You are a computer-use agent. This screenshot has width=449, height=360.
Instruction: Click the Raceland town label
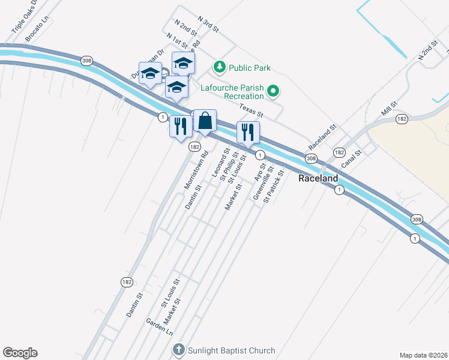(318, 179)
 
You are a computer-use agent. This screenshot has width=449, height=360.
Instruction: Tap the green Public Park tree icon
(220, 66)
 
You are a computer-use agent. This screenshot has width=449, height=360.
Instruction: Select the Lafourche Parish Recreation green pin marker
(274, 91)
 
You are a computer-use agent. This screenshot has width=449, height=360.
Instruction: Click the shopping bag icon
(205, 121)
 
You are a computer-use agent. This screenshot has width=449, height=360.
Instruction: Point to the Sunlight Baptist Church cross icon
(178, 350)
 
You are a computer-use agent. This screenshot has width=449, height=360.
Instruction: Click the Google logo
(20, 353)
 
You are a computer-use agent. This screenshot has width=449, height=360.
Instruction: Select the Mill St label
(389, 109)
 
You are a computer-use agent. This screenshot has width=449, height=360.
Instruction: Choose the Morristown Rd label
(196, 170)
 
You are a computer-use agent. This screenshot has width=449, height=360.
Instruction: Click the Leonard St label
(220, 164)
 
